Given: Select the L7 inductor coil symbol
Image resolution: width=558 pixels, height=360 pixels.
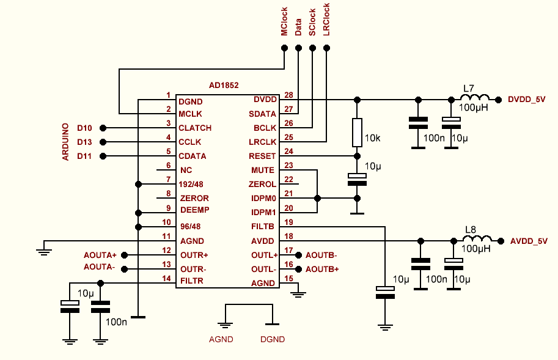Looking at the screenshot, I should [475, 98].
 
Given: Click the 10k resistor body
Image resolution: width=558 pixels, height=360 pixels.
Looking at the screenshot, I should [358, 133].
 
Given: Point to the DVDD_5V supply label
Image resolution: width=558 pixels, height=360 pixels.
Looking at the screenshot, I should [526, 99].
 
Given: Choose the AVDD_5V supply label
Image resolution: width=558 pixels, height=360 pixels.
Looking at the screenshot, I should [529, 241].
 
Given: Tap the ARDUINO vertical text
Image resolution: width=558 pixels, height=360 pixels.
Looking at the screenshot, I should [65, 142].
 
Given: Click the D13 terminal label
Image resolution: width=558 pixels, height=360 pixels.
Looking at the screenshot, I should [84, 142].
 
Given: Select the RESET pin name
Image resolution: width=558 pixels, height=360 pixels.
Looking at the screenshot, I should [263, 156].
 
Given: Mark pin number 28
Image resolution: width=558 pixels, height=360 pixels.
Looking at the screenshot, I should [288, 95].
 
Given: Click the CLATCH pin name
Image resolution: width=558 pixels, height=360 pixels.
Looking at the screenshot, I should [195, 128].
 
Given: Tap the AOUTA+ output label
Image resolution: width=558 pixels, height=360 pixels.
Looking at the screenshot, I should [100, 254].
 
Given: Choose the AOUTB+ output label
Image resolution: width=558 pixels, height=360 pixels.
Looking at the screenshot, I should [322, 269].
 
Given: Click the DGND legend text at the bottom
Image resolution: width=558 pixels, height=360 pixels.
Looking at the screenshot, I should [273, 339].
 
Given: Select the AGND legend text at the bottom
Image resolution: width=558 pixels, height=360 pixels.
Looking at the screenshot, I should [221, 339].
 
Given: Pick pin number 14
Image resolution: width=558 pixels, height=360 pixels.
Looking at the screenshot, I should [166, 278].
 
